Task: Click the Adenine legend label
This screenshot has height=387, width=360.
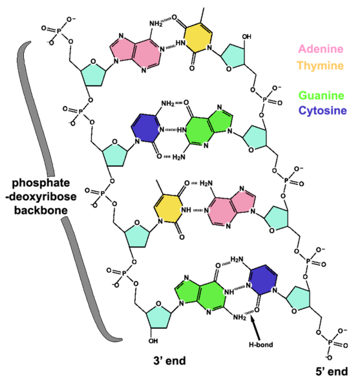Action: pyautogui.click(x=321, y=49)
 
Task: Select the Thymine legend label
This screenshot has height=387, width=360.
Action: pyautogui.click(x=321, y=66)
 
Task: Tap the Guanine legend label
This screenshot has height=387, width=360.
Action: pyautogui.click(x=321, y=96)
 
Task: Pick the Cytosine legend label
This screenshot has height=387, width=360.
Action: pyautogui.click(x=323, y=110)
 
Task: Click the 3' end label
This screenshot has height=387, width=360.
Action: pyautogui.click(x=169, y=361)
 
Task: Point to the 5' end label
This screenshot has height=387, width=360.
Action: pyautogui.click(x=332, y=371)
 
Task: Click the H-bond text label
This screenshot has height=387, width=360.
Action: pyautogui.click(x=261, y=344)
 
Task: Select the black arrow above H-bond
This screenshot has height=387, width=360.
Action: pyautogui.click(x=255, y=328)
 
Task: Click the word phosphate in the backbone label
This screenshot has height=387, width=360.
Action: pyautogui.click(x=41, y=183)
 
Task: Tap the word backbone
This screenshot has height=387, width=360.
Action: pyautogui.click(x=41, y=210)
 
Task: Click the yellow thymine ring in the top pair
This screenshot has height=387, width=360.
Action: pyautogui.click(x=198, y=37)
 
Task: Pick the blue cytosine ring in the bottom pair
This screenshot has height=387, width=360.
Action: pyautogui.click(x=262, y=280)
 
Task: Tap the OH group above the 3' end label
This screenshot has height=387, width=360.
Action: pyautogui.click(x=153, y=341)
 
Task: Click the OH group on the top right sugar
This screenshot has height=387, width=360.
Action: pyautogui.click(x=246, y=37)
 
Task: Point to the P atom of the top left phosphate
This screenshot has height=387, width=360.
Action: pyautogui.click(x=59, y=31)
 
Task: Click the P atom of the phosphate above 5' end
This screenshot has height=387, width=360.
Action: pyautogui.click(x=330, y=342)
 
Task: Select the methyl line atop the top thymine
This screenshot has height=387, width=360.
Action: pyautogui.click(x=202, y=16)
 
